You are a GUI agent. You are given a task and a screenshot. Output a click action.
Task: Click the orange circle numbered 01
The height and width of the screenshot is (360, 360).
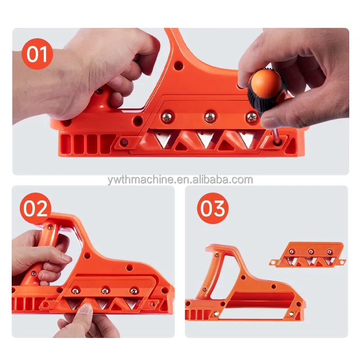click(x=37, y=55)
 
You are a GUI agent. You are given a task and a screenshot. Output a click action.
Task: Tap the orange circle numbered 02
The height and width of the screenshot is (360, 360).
click(x=36, y=208)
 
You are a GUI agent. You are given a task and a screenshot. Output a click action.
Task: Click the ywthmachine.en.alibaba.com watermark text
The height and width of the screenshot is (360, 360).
click(x=180, y=180)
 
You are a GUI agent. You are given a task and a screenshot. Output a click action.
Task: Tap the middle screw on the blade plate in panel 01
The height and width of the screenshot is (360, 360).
click(x=211, y=117)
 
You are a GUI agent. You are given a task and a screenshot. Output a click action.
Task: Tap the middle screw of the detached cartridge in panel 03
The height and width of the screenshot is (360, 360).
click(x=310, y=252)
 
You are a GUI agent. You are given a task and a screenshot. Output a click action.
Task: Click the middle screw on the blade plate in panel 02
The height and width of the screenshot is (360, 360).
click(x=105, y=291)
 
